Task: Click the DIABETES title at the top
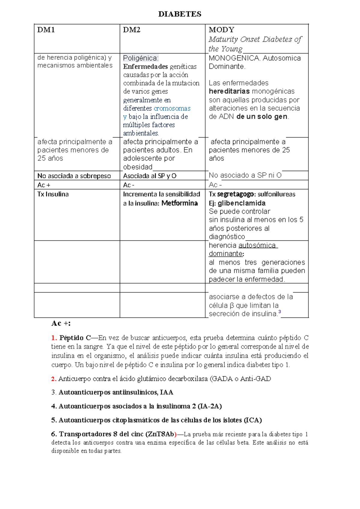tap(180, 14)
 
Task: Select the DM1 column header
tap(46, 30)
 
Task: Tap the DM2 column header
tap(132, 30)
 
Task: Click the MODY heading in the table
tap(221, 30)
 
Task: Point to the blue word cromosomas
tap(172, 108)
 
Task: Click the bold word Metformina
tap(179, 203)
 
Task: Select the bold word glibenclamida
tap(241, 203)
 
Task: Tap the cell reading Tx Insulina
tap(53, 194)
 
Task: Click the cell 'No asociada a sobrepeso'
tap(74, 176)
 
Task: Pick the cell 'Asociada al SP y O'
tap(150, 176)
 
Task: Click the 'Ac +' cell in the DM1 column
tap(44, 185)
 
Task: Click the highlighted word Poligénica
tap(140, 58)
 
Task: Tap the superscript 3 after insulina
tap(280, 312)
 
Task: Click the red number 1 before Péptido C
tap(54, 338)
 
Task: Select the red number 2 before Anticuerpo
tap(54, 379)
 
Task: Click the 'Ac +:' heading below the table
tap(61, 324)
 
